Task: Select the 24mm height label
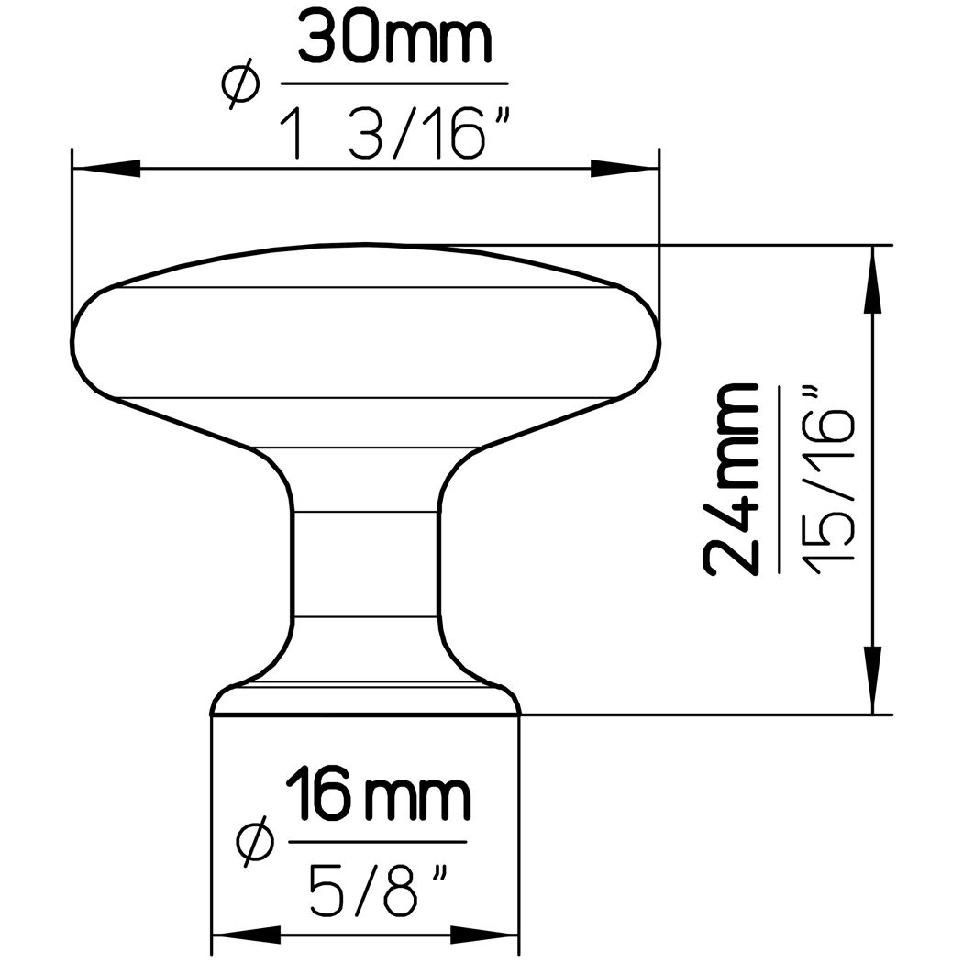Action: click(732, 479)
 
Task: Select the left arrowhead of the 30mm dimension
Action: click(105, 168)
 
